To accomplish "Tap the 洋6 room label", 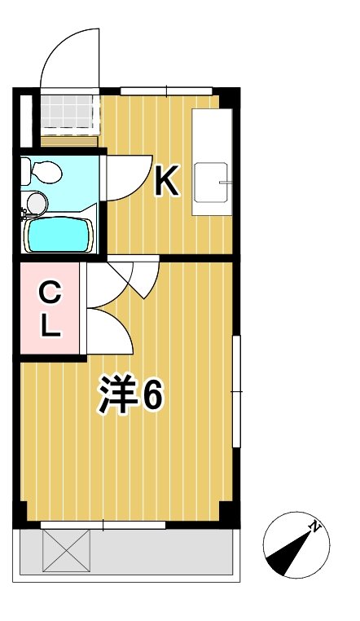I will tap(131, 396).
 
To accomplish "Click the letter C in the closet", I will tap(50, 290).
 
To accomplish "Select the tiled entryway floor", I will tap(68, 115).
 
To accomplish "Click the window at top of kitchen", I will tap(167, 90).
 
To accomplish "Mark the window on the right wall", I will tap(236, 391).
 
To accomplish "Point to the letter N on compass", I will tap(314, 528).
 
